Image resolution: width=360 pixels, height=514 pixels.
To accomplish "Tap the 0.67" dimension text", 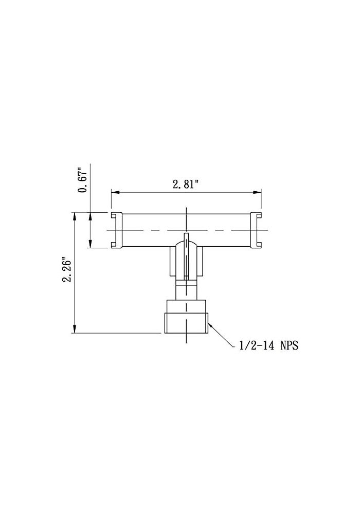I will point(82,179).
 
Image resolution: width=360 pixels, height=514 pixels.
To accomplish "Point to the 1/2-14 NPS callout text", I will point(269,346).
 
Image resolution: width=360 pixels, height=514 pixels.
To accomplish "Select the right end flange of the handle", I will point(256,230).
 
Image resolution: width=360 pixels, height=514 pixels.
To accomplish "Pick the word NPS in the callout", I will point(289,346).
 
